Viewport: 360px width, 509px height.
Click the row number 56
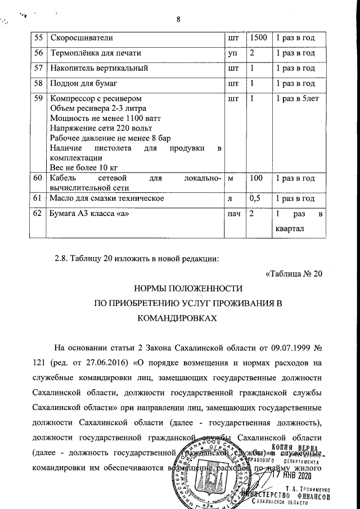tap(38, 53)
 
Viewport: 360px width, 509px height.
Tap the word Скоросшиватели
tap(82, 38)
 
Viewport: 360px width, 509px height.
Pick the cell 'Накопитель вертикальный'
tap(99, 68)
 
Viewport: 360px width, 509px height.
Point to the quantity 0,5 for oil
tap(255, 199)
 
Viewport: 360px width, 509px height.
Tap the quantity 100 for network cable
tap(256, 178)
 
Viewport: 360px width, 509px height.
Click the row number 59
tap(38, 98)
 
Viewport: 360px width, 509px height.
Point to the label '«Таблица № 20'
tap(293, 274)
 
